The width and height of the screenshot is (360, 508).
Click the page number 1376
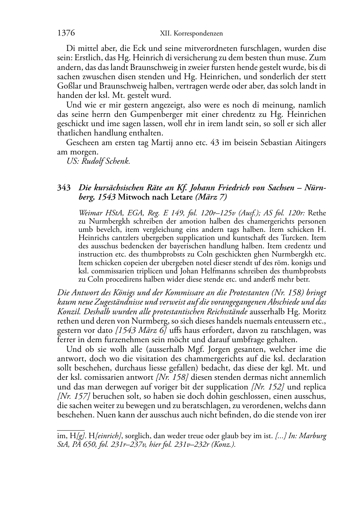coord(66,33)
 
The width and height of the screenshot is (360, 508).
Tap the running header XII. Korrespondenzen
coord(191,34)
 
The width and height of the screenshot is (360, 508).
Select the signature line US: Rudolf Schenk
coord(98,161)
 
